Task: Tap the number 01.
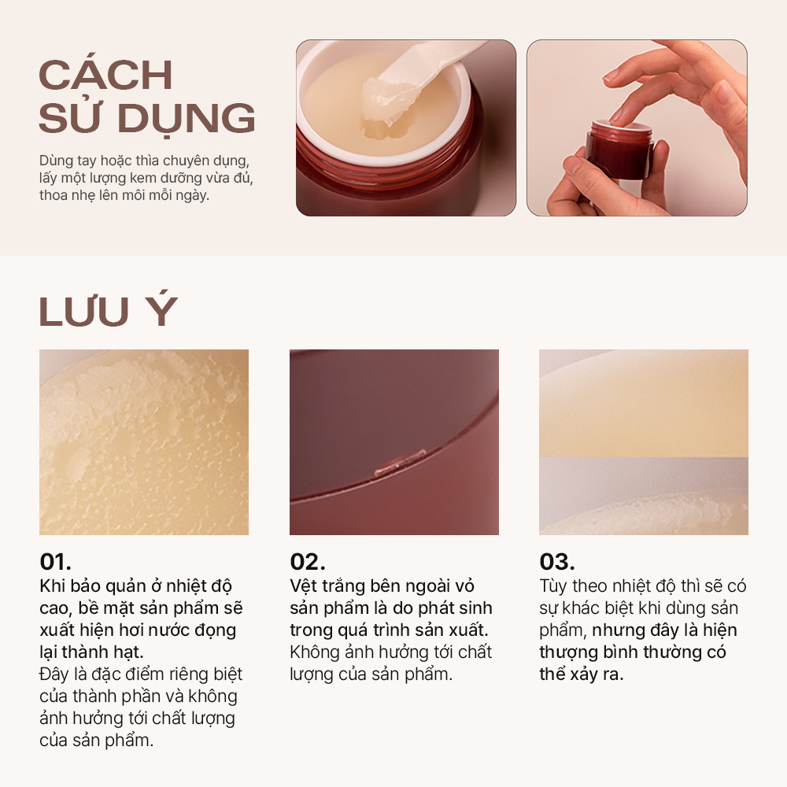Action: click(55, 562)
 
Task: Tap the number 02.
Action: click(307, 562)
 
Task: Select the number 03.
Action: click(557, 562)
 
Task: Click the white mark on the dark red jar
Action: click(401, 463)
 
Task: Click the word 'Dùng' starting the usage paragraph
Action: click(57, 161)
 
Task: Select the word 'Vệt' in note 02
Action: click(303, 586)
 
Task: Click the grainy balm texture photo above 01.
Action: click(144, 442)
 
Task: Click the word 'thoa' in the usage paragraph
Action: click(54, 194)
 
